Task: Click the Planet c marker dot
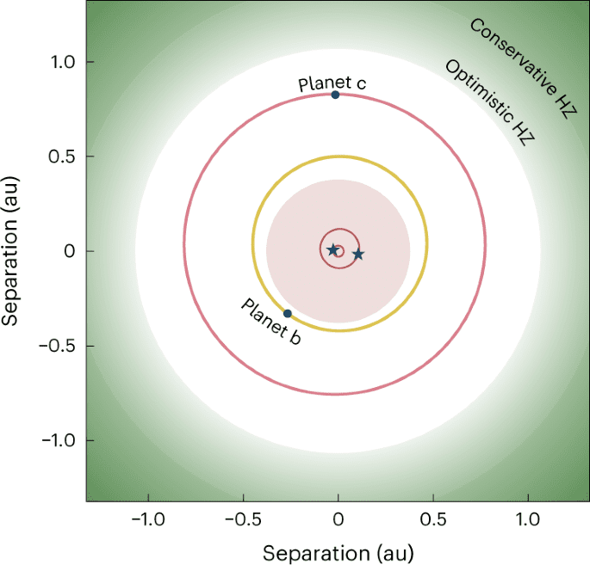click(x=335, y=95)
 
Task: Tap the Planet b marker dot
click(x=288, y=313)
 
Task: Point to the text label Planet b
click(x=270, y=322)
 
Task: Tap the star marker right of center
click(x=358, y=255)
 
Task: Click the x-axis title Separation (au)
click(x=338, y=550)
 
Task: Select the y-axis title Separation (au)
click(x=12, y=251)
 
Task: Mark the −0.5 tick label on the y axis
click(x=57, y=346)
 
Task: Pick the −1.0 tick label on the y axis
click(x=57, y=440)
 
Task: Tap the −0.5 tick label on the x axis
click(x=243, y=520)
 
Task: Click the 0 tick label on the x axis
click(x=338, y=520)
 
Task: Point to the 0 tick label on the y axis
click(x=70, y=251)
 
